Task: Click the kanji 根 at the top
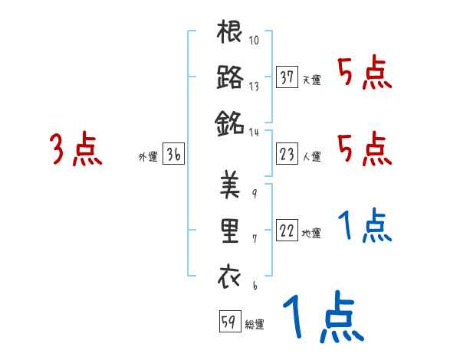pos(230,34)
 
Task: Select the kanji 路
pos(230,77)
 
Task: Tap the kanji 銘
pos(230,121)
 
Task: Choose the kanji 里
pos(230,232)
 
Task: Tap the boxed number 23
pos(287,155)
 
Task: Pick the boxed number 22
pos(287,231)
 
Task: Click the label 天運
pos(311,80)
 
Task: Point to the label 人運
pos(311,157)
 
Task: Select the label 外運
pos(148,157)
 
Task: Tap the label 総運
pos(254,325)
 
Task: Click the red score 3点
pos(77,149)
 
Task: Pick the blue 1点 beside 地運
pos(365,227)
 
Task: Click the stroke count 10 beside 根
pos(254,41)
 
